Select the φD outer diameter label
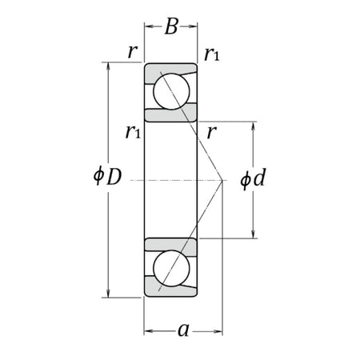point(106,177)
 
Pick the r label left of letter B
point(133,53)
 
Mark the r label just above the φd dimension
point(210,131)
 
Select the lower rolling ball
point(170,267)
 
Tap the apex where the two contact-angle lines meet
point(222,180)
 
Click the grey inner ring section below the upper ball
point(170,113)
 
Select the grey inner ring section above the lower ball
point(170,243)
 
